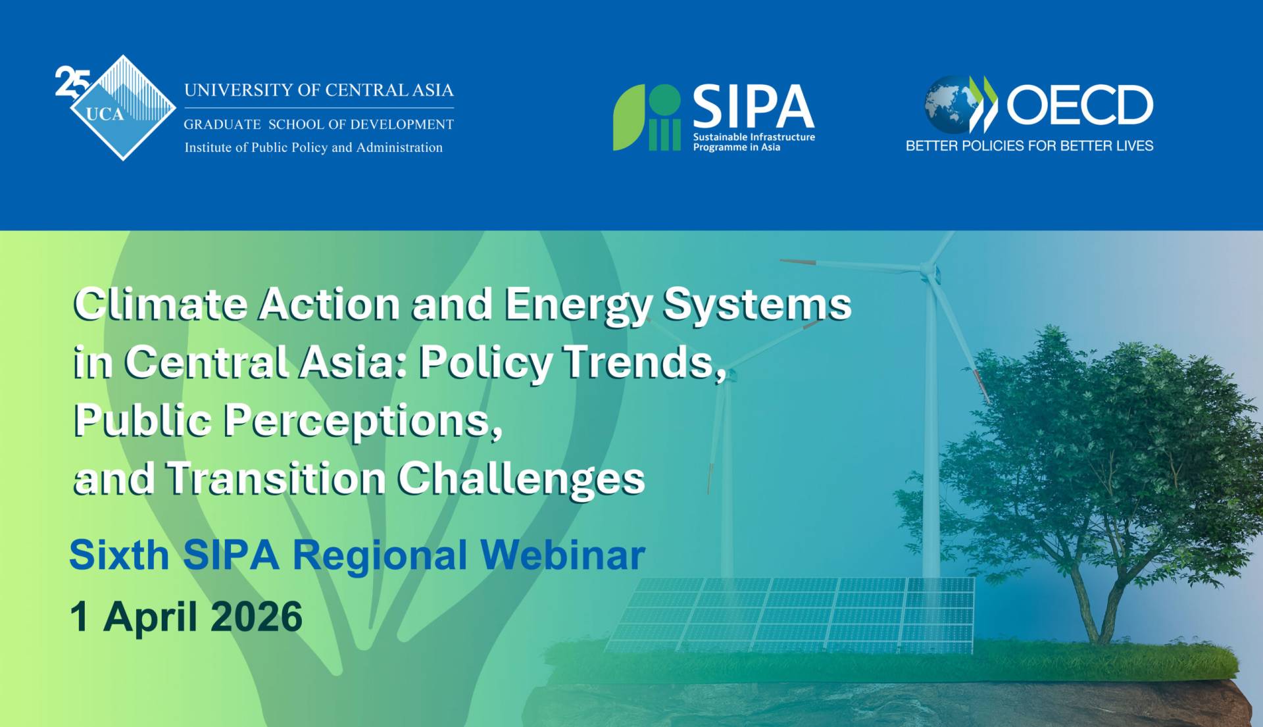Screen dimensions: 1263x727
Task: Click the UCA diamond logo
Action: tap(123, 108)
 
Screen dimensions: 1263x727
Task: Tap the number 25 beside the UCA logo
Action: tap(71, 82)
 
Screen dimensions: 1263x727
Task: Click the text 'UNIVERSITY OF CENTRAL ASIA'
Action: tap(319, 90)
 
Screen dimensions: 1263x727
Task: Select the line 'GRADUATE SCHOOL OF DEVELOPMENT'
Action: tap(319, 124)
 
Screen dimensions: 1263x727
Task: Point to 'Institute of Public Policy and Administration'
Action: tap(314, 147)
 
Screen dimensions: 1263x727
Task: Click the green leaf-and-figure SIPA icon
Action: tap(647, 117)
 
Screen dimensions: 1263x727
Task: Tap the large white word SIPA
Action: tap(754, 106)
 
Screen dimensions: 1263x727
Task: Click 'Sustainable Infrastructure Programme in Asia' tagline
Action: tap(754, 142)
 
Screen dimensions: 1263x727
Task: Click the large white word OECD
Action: tap(1080, 105)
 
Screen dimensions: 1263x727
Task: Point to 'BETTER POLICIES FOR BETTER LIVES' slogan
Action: tap(1029, 145)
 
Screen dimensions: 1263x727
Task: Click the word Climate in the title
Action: tap(161, 304)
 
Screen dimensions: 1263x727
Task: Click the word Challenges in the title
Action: tap(521, 479)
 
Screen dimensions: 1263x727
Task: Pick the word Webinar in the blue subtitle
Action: tap(563, 555)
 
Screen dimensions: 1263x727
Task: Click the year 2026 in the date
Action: tap(257, 616)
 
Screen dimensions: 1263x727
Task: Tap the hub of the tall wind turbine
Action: tap(927, 270)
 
